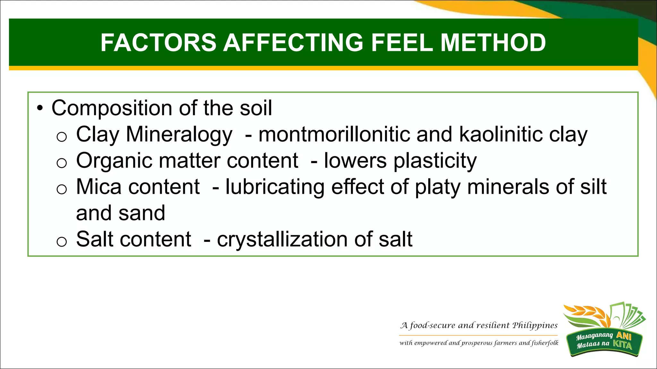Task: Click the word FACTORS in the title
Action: pyautogui.click(x=158, y=43)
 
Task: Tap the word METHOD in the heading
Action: pyautogui.click(x=493, y=43)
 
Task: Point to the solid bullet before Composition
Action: pyautogui.click(x=39, y=109)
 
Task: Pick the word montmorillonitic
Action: pyautogui.click(x=334, y=134)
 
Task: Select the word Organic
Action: pyautogui.click(x=114, y=161)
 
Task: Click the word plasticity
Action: pyautogui.click(x=435, y=161)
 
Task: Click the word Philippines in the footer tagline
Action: pyautogui.click(x=535, y=326)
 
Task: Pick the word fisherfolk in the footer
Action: pyautogui.click(x=545, y=343)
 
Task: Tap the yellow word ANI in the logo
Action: pyautogui.click(x=624, y=336)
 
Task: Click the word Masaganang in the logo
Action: pyautogui.click(x=594, y=336)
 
